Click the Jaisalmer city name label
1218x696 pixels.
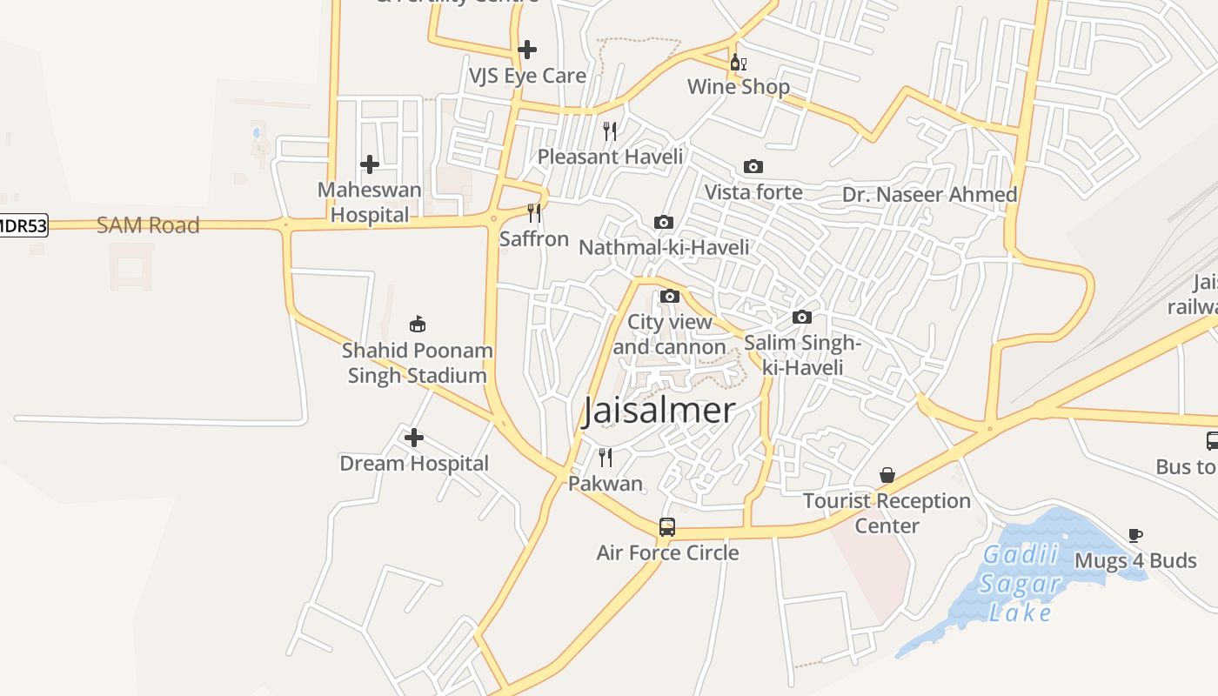[659, 411]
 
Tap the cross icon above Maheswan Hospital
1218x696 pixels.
[370, 164]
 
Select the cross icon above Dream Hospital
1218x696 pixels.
[414, 437]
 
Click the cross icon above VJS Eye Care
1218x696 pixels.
[526, 50]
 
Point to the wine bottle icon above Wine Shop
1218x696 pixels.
[738, 62]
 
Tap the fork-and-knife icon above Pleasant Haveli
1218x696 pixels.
[610, 130]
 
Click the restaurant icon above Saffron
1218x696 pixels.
[534, 212]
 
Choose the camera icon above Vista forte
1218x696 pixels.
[753, 166]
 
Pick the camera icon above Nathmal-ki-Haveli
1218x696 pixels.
[663, 222]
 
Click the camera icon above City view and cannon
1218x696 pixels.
[669, 296]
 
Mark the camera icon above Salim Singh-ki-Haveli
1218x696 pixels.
[802, 317]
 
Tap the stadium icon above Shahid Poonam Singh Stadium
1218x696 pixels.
[418, 325]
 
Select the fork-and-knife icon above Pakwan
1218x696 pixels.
[606, 457]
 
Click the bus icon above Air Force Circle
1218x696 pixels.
[667, 526]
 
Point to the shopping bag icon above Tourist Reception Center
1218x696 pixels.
[887, 475]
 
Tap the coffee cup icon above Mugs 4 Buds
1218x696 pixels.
[1134, 535]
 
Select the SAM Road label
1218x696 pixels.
[148, 225]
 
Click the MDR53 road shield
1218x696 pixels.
[22, 225]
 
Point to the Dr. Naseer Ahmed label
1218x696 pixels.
[929, 194]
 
